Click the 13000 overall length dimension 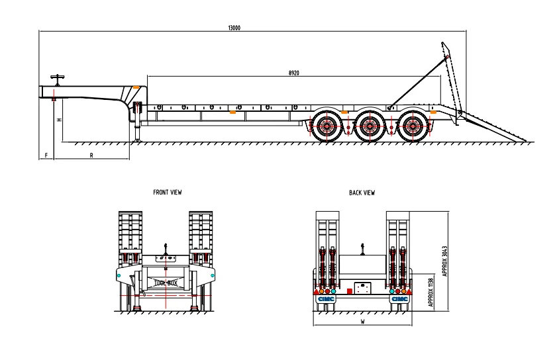(234, 27)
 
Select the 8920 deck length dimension (293, 73)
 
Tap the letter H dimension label (59, 120)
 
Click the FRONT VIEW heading (167, 193)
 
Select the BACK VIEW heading (362, 193)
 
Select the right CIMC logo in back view (399, 298)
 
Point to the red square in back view (350, 290)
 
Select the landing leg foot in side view (138, 140)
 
